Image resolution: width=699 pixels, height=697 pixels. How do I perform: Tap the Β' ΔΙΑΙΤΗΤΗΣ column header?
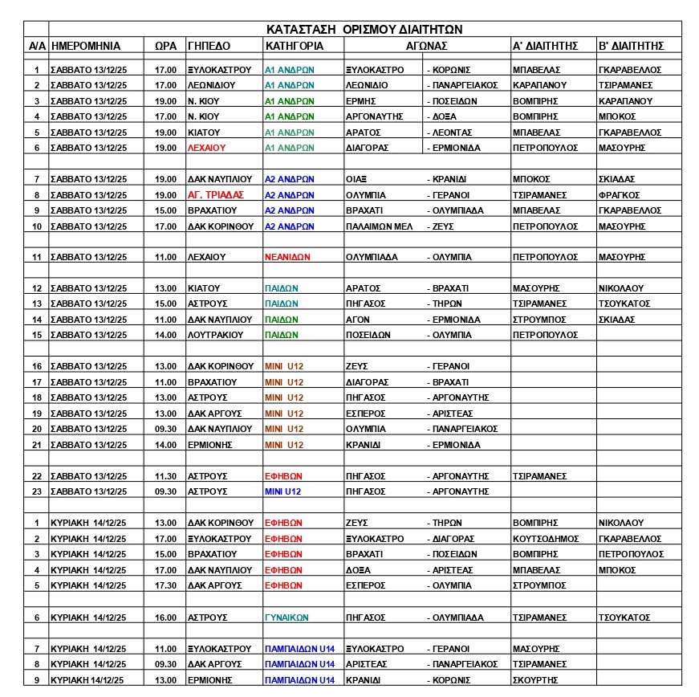[x=631, y=46]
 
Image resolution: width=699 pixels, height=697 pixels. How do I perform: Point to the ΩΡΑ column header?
[x=165, y=46]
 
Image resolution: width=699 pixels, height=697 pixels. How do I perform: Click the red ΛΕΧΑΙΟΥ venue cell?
[x=208, y=148]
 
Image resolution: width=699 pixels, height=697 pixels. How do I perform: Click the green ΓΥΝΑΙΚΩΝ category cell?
[x=288, y=618]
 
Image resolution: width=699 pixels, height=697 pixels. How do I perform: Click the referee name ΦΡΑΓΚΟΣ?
[x=619, y=194]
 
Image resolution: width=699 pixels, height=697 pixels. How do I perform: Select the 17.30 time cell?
[x=165, y=585]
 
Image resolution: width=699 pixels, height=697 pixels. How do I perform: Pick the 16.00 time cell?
[x=165, y=618]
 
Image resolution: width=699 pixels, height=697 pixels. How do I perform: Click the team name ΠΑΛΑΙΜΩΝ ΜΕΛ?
[x=379, y=226]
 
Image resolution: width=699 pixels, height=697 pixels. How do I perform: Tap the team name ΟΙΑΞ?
[x=356, y=179]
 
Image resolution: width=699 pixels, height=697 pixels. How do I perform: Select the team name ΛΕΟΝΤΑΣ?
[x=452, y=132]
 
